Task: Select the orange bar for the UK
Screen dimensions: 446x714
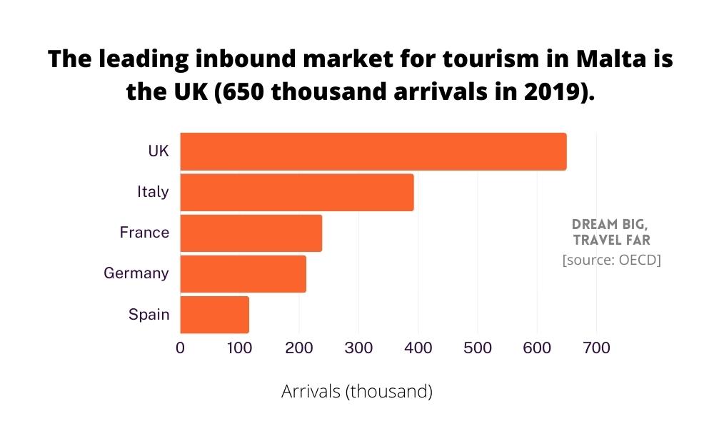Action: click(373, 151)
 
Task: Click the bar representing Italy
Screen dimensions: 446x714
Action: click(296, 192)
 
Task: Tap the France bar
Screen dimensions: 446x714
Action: click(251, 233)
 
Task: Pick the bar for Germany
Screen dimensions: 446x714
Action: click(243, 273)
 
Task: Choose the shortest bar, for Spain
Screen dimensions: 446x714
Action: click(214, 314)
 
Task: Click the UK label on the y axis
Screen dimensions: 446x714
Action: click(158, 151)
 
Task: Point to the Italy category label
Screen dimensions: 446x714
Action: click(153, 192)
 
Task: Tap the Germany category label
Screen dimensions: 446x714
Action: click(136, 273)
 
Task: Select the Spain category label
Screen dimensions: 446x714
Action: click(149, 314)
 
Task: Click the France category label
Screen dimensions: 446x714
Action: click(144, 233)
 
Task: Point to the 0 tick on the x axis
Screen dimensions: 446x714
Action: click(180, 348)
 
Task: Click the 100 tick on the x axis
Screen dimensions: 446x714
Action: click(239, 348)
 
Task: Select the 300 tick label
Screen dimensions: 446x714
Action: click(358, 348)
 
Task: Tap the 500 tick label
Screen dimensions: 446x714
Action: click(477, 348)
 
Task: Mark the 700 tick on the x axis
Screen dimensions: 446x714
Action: click(596, 348)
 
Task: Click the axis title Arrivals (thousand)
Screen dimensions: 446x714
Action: click(357, 392)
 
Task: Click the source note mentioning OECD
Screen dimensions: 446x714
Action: click(611, 260)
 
